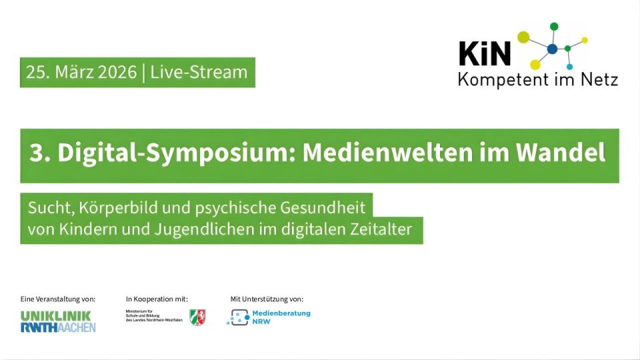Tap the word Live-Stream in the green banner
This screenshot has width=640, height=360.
(199, 72)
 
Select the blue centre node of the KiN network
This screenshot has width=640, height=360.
(552, 49)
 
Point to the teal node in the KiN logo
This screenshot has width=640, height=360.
(569, 67)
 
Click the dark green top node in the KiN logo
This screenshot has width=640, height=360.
(553, 27)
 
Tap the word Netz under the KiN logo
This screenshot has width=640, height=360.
(597, 80)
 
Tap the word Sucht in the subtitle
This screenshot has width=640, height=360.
(45, 207)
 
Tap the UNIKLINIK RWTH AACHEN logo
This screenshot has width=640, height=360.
(58, 321)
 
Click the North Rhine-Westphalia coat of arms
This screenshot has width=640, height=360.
(197, 317)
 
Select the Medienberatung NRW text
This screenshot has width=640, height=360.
(280, 317)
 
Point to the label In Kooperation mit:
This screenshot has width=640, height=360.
(157, 299)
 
